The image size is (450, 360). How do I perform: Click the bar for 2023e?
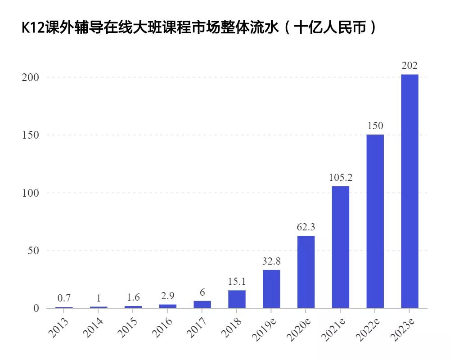point(409,191)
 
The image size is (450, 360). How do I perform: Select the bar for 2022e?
point(375,221)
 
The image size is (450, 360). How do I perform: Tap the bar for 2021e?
point(341,247)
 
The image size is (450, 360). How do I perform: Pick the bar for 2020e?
point(306,272)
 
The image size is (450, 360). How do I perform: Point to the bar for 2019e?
point(271,289)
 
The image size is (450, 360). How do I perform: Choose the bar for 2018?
point(237,299)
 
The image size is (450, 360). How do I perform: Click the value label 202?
point(409,66)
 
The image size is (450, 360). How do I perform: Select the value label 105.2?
point(341,178)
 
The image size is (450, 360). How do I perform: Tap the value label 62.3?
point(306,227)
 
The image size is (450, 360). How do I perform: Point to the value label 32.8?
point(271,261)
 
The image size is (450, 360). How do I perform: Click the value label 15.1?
point(237,282)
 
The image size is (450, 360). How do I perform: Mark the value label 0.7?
point(64,298)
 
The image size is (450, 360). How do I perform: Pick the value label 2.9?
point(167,296)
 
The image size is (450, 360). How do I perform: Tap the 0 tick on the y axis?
point(36,309)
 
